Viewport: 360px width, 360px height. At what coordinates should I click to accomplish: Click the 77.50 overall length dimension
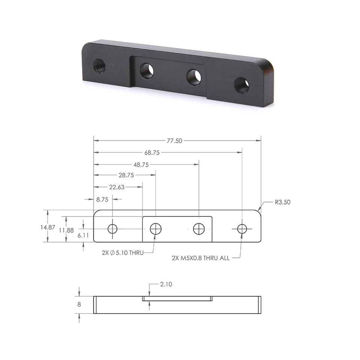(x=174, y=141)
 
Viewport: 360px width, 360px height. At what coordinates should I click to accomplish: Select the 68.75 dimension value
(x=152, y=153)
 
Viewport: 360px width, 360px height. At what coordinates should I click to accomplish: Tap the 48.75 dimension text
(x=141, y=165)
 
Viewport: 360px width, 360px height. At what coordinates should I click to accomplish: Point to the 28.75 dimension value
(x=126, y=175)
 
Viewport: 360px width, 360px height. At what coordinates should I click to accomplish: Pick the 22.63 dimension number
(x=117, y=187)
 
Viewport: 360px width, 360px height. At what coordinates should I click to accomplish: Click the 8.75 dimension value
(x=102, y=199)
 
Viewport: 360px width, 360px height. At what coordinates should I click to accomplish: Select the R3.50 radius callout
(x=283, y=202)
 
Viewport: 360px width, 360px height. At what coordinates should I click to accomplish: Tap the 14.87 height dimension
(x=48, y=227)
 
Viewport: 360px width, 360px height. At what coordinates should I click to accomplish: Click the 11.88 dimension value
(x=66, y=230)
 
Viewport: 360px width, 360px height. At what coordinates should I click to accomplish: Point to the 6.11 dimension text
(x=83, y=235)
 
